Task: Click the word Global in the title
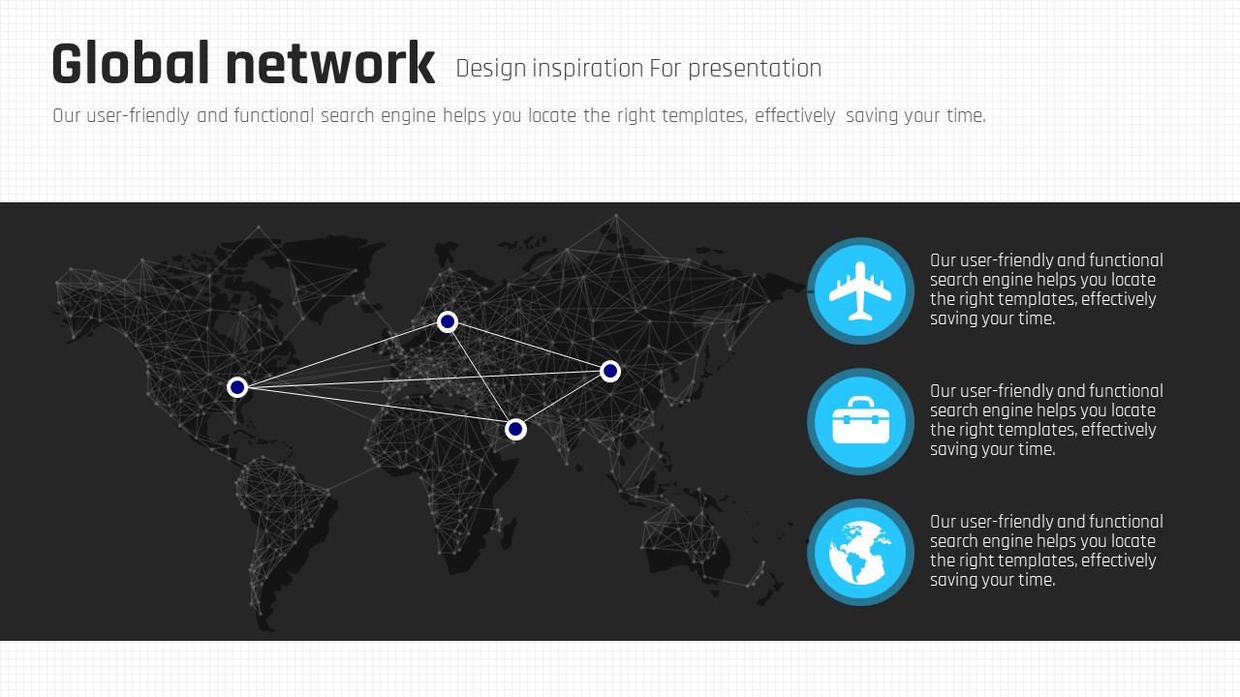point(130,63)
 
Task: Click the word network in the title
point(330,64)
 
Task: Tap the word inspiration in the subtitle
point(587,69)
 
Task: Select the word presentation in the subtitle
point(755,69)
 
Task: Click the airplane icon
point(860,291)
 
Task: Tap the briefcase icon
point(861,420)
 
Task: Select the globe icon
point(860,553)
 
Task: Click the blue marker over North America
point(237,387)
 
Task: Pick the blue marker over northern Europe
point(448,322)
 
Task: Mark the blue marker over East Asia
point(610,371)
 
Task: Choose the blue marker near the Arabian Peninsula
point(515,429)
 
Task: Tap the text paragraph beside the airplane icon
point(1046,289)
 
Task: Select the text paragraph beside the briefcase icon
point(1046,420)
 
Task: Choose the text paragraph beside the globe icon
point(1046,551)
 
